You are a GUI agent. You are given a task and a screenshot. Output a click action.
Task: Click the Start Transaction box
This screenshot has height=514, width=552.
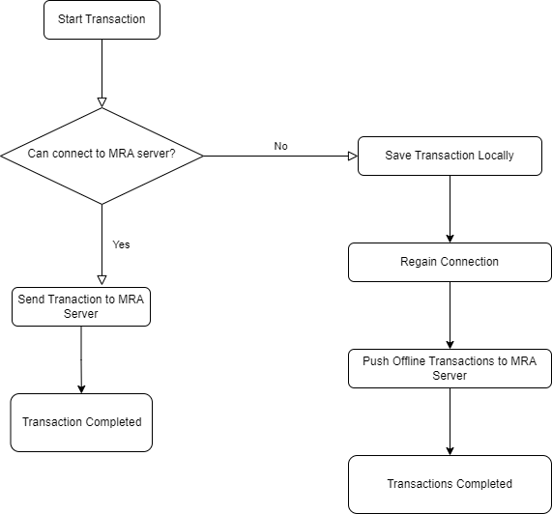(102, 19)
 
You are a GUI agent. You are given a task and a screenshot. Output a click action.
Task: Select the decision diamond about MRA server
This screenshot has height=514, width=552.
(102, 156)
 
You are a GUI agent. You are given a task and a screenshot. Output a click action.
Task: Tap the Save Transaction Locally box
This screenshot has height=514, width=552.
(450, 156)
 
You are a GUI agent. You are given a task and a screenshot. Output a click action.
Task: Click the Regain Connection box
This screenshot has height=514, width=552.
(450, 262)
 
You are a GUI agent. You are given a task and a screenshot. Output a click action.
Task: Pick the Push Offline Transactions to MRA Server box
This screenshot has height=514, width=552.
(450, 368)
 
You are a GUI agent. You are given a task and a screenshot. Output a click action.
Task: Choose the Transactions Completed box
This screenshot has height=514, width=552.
(450, 484)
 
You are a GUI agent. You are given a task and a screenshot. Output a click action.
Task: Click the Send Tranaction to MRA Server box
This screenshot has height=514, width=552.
(81, 306)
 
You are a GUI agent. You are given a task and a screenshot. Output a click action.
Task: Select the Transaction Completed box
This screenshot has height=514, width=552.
(81, 422)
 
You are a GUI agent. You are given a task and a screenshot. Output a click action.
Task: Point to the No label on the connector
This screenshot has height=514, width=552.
(280, 146)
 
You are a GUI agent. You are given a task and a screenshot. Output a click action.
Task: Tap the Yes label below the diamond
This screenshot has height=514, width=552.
(121, 244)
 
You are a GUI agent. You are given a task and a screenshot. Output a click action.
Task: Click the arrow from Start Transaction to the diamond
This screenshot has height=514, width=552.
(102, 73)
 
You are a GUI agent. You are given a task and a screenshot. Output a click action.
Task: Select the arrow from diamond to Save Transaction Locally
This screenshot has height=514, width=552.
(280, 156)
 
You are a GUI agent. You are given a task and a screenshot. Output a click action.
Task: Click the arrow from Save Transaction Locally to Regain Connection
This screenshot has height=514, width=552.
(450, 209)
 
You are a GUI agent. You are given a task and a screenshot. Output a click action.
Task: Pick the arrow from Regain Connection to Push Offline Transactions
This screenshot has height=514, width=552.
(450, 315)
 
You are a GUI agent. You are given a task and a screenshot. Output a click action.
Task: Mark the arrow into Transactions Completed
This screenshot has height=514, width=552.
(450, 421)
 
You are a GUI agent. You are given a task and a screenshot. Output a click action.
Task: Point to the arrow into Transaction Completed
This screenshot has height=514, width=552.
(81, 359)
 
